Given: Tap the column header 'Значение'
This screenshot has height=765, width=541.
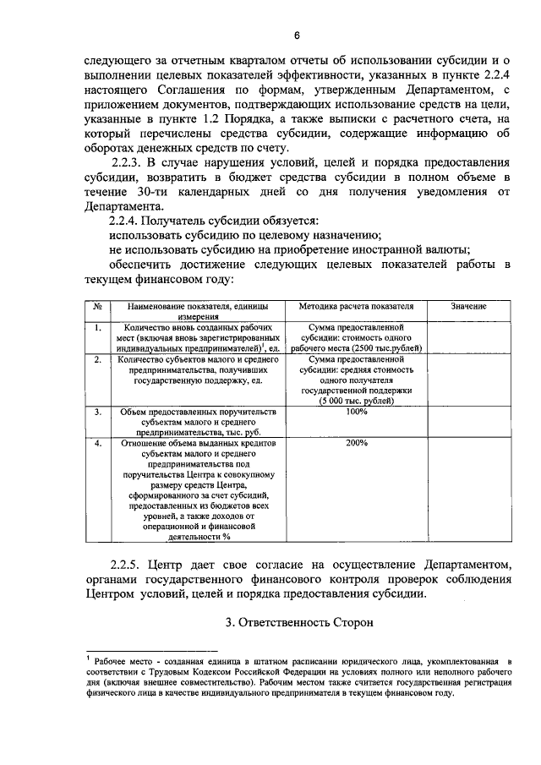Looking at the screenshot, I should pyautogui.click(x=467, y=305).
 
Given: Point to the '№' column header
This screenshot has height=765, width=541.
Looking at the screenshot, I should pyautogui.click(x=98, y=305).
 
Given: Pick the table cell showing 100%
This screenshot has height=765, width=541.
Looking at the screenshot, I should pyautogui.click(x=356, y=412).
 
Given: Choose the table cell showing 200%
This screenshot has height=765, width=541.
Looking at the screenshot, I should pyautogui.click(x=356, y=442).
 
